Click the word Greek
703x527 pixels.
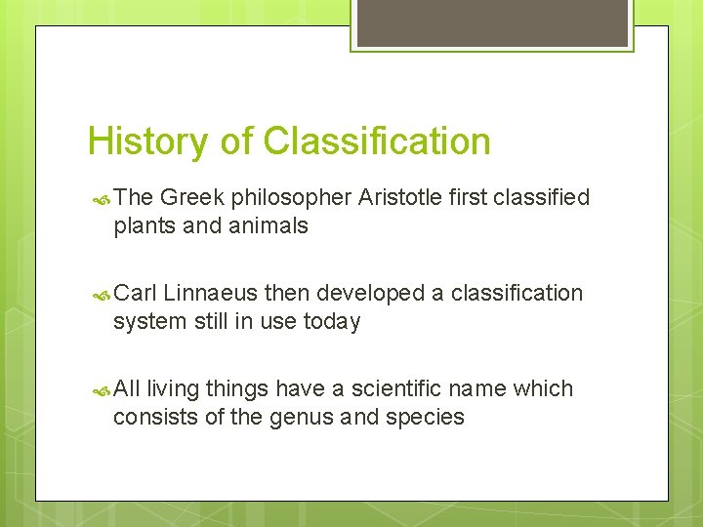191,198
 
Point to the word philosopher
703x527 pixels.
289,199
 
